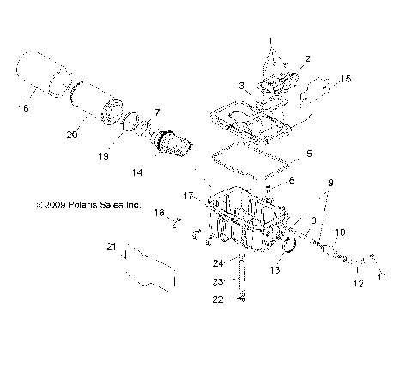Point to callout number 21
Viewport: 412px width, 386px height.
point(111,247)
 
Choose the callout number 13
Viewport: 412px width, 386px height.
point(275,269)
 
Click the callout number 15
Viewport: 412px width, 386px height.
point(346,79)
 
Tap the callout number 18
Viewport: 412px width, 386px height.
point(158,212)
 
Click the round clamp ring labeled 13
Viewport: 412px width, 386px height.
point(290,248)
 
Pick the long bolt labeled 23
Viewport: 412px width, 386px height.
point(243,279)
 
